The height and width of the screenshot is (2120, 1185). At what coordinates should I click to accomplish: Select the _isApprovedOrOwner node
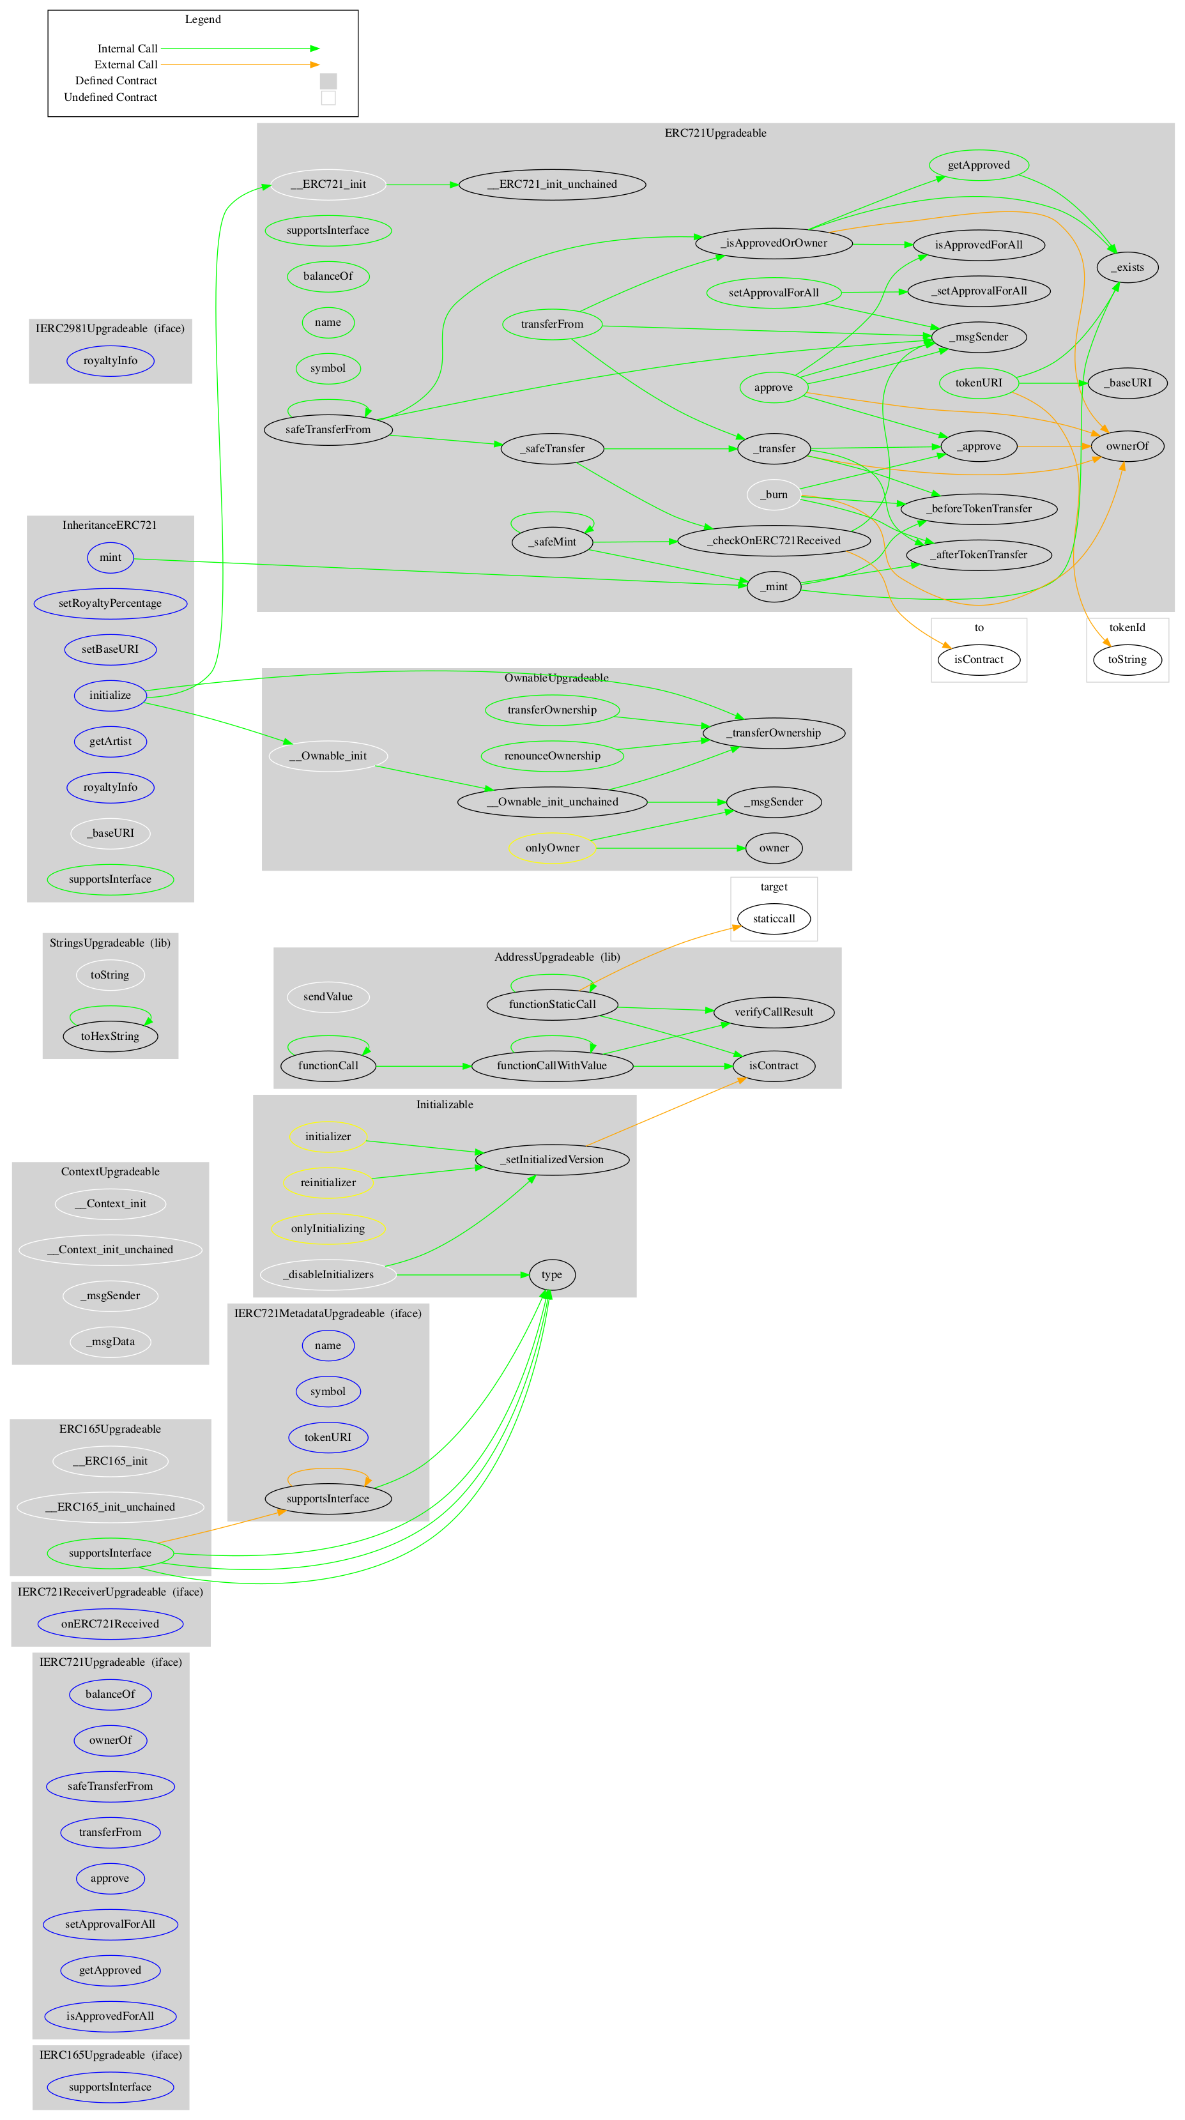click(x=774, y=243)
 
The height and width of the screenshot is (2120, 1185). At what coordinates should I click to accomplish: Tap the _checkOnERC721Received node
click(x=773, y=540)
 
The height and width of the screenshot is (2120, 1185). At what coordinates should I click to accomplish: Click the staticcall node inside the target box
click(x=773, y=919)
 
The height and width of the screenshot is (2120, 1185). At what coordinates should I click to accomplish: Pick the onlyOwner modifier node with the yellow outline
click(x=551, y=848)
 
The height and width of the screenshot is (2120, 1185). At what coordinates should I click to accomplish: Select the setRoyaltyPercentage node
click(x=111, y=603)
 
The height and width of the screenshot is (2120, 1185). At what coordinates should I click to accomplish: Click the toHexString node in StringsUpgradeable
click(x=111, y=1036)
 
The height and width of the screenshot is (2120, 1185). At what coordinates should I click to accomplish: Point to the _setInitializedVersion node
click(x=551, y=1159)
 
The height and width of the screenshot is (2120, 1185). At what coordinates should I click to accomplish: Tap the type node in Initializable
click(x=551, y=1275)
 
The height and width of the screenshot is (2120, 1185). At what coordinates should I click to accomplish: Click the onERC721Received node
click(x=111, y=1624)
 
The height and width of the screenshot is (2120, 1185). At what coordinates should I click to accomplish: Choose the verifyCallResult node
click(x=773, y=1012)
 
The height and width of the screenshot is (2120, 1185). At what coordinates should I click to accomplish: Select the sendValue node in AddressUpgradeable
click(x=328, y=996)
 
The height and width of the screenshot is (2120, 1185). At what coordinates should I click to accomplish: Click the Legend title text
click(x=203, y=20)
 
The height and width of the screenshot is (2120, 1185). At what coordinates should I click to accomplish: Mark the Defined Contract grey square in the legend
click(x=328, y=80)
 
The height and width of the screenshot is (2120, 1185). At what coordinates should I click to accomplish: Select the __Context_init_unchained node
click(x=111, y=1249)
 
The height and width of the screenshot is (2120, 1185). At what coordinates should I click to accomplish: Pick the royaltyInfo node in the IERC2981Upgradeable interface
click(x=111, y=360)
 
